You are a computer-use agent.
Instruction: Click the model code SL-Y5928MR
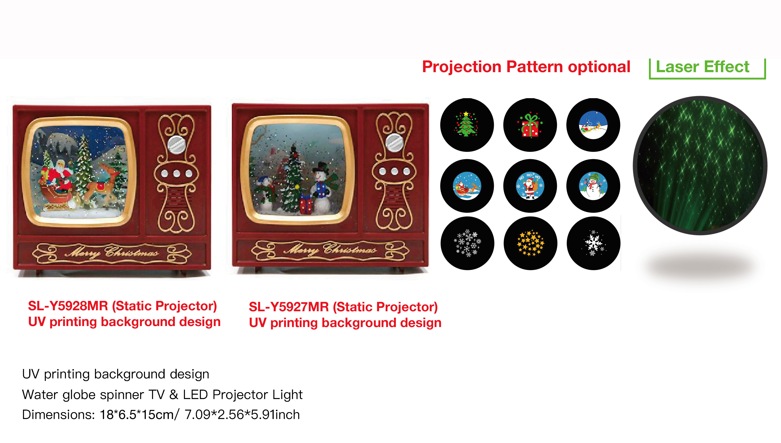click(67, 306)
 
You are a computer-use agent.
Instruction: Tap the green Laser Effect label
click(702, 67)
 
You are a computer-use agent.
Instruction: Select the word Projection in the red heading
click(461, 67)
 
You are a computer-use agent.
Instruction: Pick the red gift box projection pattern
click(530, 125)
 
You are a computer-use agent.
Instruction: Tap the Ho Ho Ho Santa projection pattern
click(530, 186)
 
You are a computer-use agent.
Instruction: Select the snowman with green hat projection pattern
click(593, 186)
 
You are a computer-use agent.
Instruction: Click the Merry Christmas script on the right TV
click(330, 250)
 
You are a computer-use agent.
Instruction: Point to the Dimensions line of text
click(161, 415)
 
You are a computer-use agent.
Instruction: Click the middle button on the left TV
click(177, 174)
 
